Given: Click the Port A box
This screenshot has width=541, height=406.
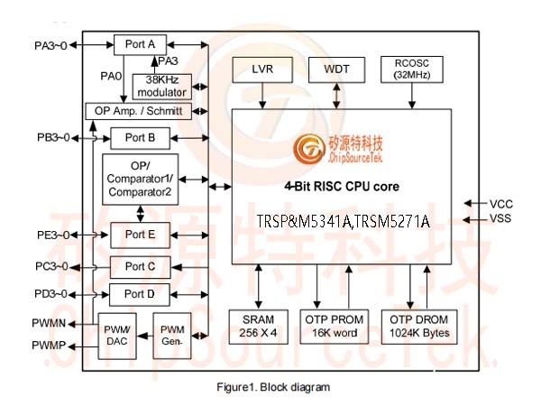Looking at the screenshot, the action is tap(140, 44).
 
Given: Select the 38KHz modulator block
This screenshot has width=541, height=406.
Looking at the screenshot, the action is tap(161, 87).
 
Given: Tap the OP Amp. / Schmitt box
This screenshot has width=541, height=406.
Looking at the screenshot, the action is tap(138, 111).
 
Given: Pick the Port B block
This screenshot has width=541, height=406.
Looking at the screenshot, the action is tap(140, 138).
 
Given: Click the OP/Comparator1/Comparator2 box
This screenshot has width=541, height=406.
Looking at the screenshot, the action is tap(140, 180).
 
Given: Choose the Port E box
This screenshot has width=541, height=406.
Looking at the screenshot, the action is tap(140, 235).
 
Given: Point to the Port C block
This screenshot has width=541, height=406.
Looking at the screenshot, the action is tap(140, 267).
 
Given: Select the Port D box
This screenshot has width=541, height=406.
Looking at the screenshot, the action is tap(140, 294).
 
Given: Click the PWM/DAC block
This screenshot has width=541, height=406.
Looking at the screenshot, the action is tap(117, 336).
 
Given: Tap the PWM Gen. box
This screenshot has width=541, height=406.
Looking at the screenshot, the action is tap(172, 336).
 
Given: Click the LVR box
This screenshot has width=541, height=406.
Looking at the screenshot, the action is tap(262, 69).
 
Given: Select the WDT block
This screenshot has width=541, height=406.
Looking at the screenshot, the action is tap(336, 69).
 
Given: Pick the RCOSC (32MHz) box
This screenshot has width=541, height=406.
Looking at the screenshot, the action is tap(412, 69).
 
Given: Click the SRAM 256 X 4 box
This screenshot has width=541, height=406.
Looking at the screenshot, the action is tap(259, 327).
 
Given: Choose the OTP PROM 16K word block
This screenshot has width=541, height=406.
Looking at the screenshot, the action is tap(334, 327).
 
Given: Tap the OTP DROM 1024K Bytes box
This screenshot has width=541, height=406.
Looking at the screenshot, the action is tap(419, 327).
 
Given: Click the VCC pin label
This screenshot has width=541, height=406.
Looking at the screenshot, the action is tap(501, 204).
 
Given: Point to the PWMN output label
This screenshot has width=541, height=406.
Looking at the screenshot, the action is tap(49, 323).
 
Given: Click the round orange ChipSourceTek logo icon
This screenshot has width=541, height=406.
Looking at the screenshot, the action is tap(309, 149).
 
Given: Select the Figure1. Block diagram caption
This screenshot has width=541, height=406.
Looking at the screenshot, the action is tap(273, 387).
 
